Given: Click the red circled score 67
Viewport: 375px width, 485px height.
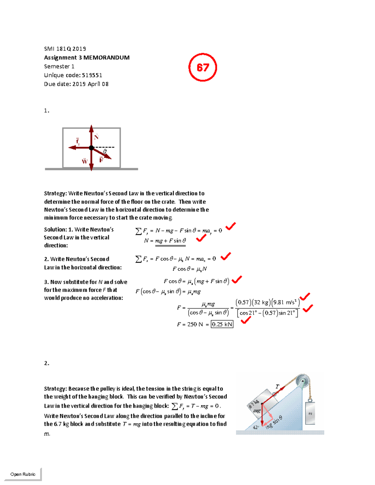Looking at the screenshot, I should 202,67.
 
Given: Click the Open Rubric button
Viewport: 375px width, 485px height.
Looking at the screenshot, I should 23,474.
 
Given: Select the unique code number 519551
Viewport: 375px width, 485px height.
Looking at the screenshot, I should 92,75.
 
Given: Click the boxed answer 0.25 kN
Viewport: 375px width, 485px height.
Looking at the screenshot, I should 222,324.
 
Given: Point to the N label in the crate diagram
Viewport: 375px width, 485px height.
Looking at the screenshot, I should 97,136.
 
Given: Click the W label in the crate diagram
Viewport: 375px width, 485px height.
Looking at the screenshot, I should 85,161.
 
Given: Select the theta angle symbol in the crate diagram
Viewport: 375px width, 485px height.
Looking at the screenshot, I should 105,151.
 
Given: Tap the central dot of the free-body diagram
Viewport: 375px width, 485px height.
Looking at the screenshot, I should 91,148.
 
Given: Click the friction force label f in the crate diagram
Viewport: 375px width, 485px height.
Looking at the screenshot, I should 77,141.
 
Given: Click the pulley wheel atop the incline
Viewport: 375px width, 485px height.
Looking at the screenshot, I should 302,382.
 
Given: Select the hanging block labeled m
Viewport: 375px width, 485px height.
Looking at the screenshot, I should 310,413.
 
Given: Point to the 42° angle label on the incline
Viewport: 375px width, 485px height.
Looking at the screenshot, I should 256,427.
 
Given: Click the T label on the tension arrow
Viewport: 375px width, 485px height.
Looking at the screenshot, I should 277,387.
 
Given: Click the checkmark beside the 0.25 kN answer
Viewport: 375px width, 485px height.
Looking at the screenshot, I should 246,320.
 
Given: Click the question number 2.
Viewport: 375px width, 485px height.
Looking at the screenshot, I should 47,363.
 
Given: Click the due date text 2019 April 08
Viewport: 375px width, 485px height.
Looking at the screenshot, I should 90,84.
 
